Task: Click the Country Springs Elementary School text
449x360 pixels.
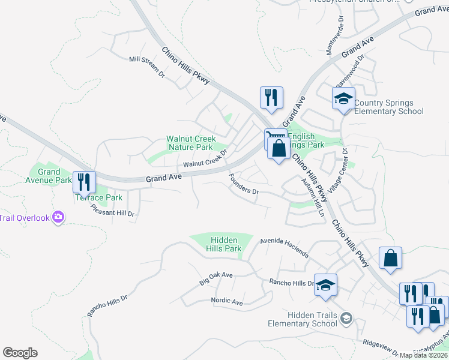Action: click(x=389, y=107)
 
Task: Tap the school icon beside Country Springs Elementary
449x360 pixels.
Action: click(x=343, y=99)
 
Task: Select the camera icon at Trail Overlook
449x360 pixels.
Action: click(x=58, y=217)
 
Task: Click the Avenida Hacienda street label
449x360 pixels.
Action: click(x=284, y=247)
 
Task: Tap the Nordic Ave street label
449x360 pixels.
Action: click(x=226, y=301)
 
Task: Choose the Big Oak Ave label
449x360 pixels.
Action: click(x=216, y=278)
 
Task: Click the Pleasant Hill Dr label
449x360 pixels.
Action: click(x=112, y=210)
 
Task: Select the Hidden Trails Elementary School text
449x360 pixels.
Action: click(x=303, y=319)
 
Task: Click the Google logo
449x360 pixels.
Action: click(x=20, y=353)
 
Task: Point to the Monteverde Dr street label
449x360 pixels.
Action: click(x=335, y=36)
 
